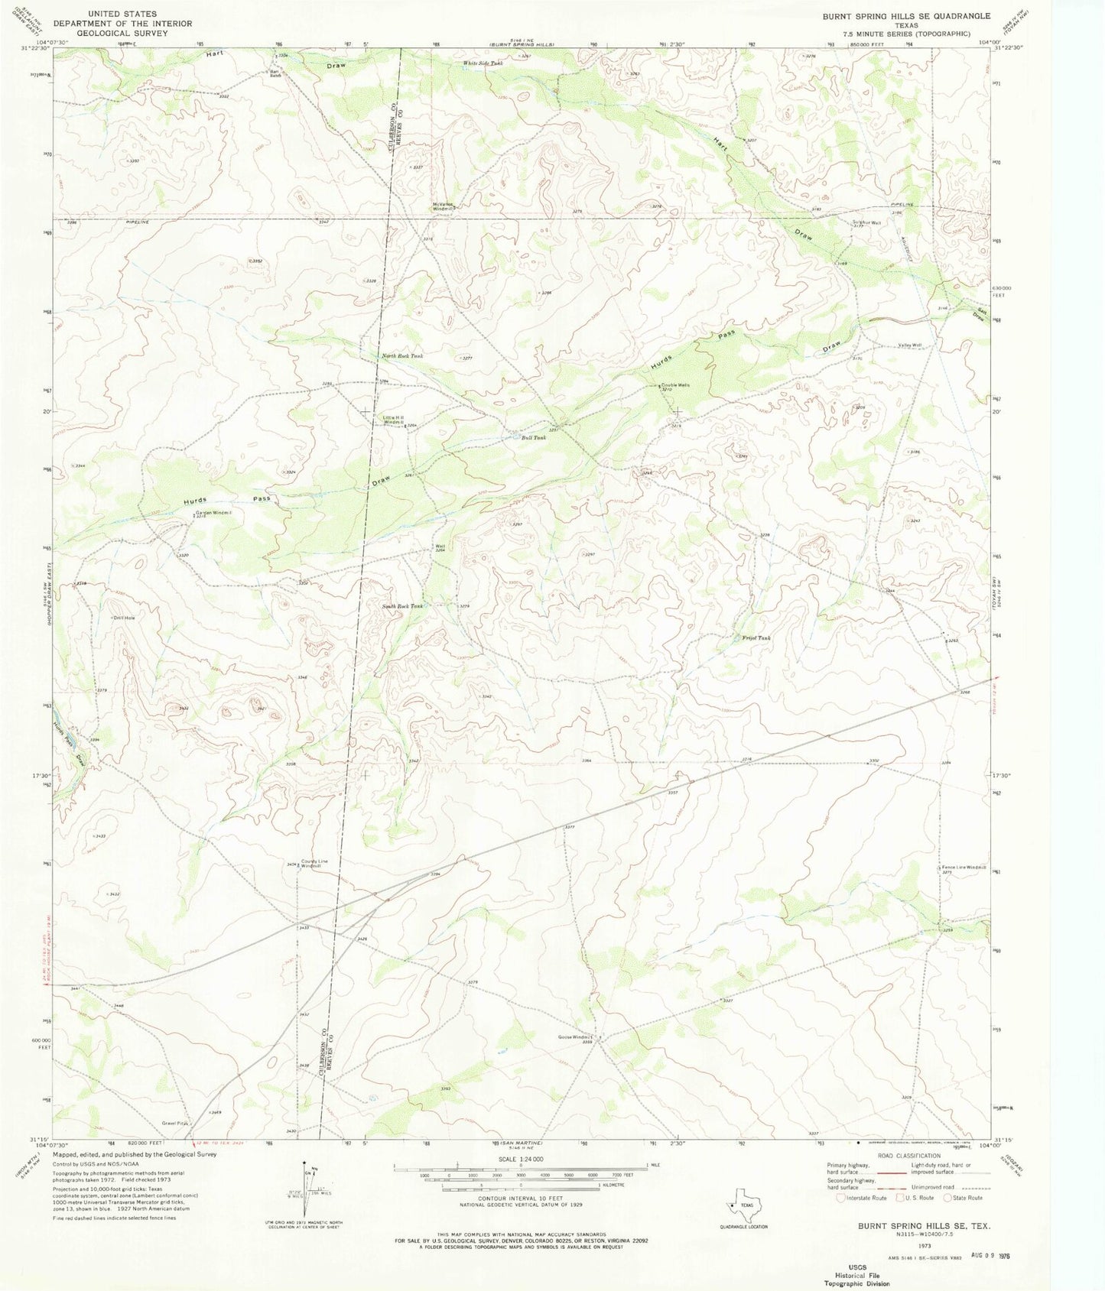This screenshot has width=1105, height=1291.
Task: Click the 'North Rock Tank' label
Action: pos(402,356)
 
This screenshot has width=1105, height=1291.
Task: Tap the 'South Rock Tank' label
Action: pos(402,606)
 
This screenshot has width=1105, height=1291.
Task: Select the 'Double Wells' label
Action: pos(675,385)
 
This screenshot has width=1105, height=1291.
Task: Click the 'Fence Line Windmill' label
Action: pos(964,867)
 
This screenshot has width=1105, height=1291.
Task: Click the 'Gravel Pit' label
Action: pos(174,1123)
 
